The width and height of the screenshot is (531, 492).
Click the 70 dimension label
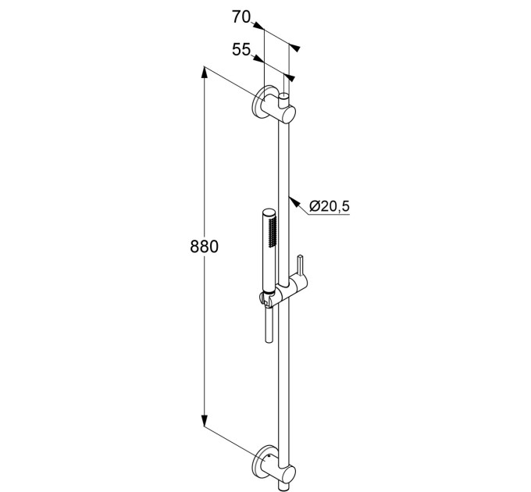coord(241,17)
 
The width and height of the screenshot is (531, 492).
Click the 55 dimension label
coord(241,50)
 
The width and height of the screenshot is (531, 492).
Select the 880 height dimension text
coord(205,247)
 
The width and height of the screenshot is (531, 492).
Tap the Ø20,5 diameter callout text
coord(330,206)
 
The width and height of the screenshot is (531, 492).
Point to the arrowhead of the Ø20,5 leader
coord(294,201)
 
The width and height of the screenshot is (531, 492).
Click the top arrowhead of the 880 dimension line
coord(205,72)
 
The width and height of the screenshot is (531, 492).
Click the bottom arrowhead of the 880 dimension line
coord(205,421)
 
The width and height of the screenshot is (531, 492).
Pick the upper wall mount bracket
coord(274,107)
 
